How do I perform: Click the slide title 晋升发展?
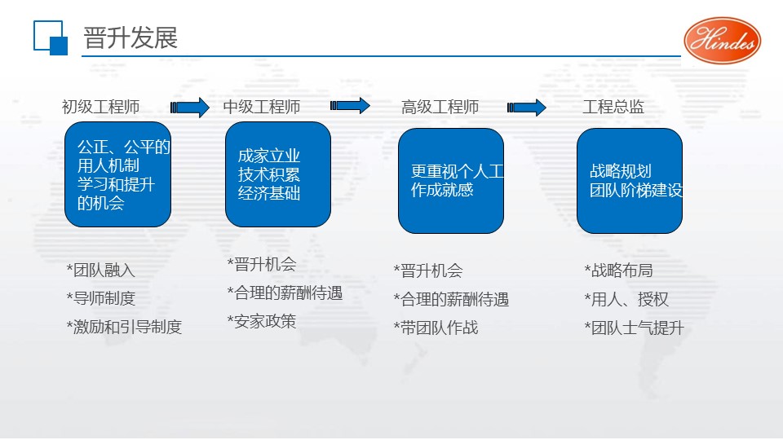point(130,38)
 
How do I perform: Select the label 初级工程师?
point(100,107)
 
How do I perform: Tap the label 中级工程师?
point(262,107)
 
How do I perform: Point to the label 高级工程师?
point(440,107)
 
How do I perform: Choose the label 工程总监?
point(613,107)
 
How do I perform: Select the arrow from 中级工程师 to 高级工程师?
point(350,106)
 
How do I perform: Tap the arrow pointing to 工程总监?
point(526,107)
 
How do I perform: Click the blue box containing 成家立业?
point(278,174)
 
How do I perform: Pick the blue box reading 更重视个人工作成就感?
point(451,181)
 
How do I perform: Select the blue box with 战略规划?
point(629,181)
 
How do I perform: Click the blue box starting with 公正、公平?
point(117,174)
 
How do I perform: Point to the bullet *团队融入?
point(100,270)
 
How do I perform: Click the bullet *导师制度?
point(100,298)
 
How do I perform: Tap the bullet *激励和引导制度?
point(124,327)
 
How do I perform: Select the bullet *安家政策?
point(261,321)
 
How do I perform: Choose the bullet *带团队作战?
point(436,328)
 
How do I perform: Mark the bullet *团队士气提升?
point(634,328)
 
